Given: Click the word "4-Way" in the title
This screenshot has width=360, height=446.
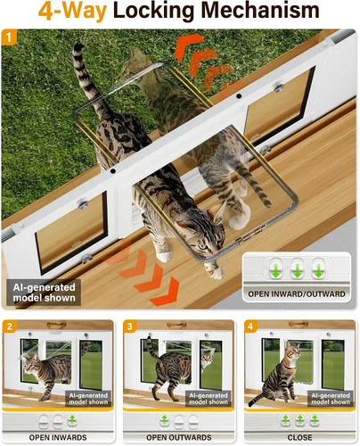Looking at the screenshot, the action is point(72,12).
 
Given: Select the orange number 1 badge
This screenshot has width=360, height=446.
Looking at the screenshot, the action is point(9,37).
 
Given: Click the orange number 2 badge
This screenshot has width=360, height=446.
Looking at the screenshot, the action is point(10,326).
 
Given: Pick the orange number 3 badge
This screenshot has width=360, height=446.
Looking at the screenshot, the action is point(130,326).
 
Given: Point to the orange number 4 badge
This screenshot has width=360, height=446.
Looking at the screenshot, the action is point(250,326).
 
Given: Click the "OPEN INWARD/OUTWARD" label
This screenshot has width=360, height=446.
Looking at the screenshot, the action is point(297,294).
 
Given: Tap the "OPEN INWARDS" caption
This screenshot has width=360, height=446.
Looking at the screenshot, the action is point(58,437).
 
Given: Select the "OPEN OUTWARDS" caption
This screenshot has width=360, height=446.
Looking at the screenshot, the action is point(179,437).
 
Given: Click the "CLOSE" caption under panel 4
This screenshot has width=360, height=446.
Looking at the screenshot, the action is point(299,437).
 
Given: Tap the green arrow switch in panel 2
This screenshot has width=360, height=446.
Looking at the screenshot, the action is point(72,420).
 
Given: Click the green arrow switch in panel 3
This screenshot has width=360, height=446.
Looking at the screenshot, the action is point(164,420).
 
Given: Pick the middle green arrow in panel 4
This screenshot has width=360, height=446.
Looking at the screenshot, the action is point(300,420).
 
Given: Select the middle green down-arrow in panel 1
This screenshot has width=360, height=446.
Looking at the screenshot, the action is point(297,268).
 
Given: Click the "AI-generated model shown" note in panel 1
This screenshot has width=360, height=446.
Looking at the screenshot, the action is point(44,293).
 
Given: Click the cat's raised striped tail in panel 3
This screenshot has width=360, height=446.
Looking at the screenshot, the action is point(151,347).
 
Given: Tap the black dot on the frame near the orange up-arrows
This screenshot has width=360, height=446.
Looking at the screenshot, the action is point(239,95).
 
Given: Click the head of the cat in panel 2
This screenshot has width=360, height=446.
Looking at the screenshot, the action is point(31,365).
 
